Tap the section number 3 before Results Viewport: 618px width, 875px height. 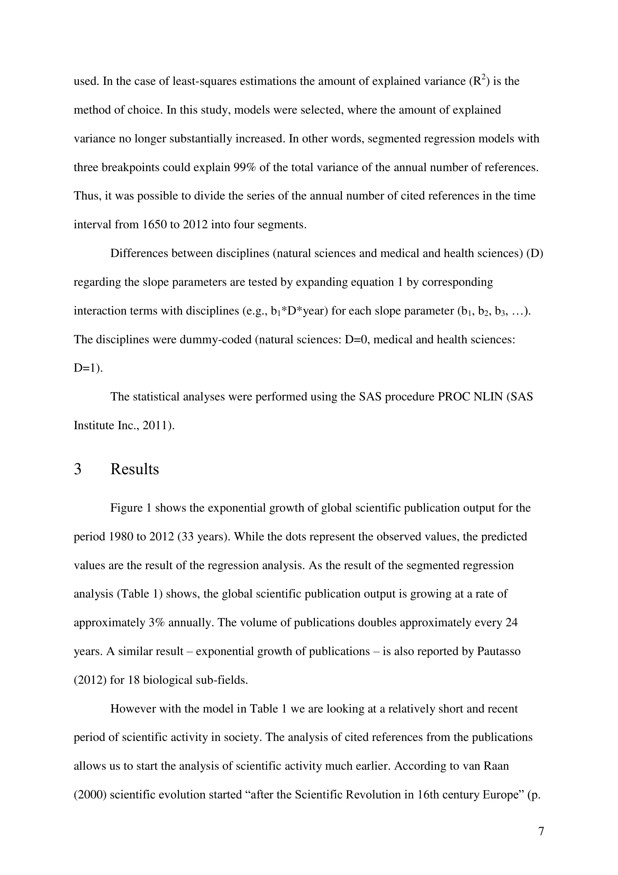click(77, 469)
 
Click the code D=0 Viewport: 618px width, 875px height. click(357, 339)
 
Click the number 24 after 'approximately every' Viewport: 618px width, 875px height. click(511, 622)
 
